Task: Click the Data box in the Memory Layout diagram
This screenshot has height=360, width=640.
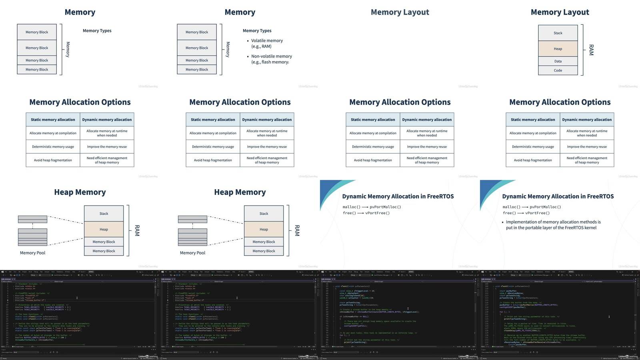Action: [558, 61]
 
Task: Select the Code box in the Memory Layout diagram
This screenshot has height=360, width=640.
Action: [558, 70]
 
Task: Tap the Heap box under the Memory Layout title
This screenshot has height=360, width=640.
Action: [558, 49]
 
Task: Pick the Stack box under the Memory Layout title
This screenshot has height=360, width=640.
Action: [558, 33]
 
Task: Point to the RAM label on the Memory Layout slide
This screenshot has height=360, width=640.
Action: [591, 50]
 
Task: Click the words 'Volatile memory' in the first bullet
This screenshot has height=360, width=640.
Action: [267, 41]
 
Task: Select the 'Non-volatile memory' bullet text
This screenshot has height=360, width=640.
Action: [271, 56]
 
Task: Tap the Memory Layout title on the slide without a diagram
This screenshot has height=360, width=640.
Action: [400, 12]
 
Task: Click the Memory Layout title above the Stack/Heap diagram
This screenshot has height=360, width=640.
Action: [560, 12]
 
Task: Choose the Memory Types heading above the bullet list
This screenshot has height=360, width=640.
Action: [257, 31]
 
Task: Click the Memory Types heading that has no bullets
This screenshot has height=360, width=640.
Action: [97, 31]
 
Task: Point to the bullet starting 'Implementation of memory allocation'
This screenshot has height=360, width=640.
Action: [553, 222]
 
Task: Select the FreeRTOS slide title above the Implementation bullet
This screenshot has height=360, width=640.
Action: [558, 196]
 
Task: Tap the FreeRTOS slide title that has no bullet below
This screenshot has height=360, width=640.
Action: [398, 196]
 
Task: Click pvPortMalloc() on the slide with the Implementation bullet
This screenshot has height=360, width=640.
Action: [545, 207]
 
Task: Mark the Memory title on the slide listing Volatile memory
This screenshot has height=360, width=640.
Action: [240, 12]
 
